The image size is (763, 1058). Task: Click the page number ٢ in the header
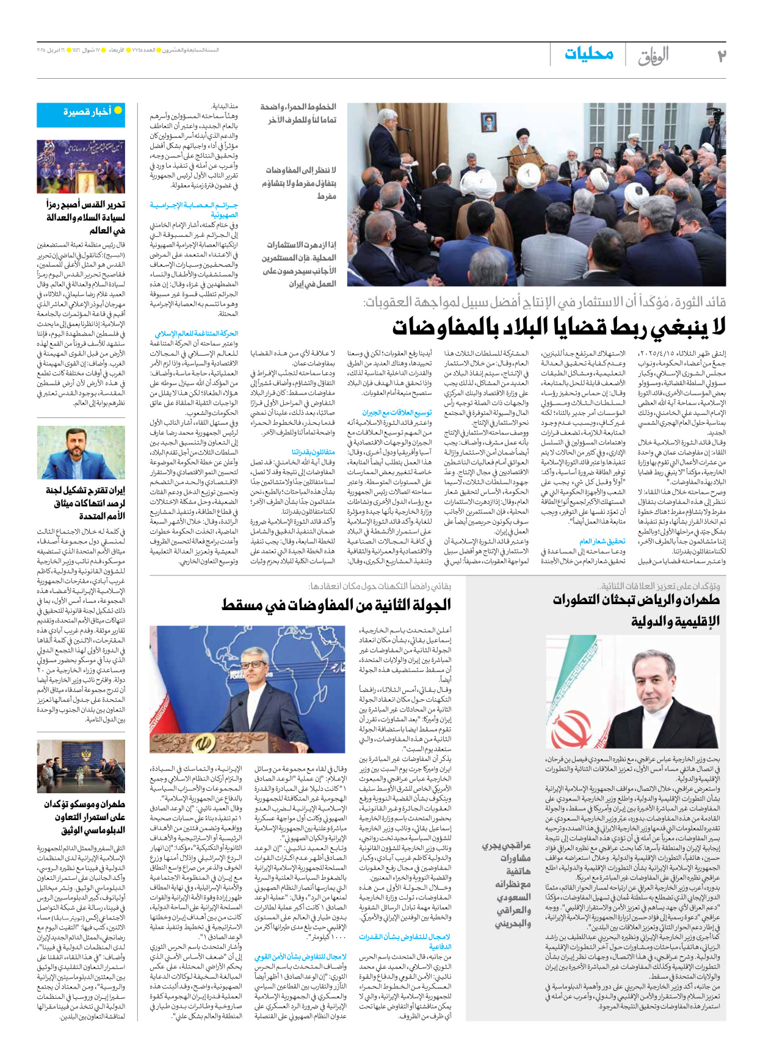(x=721, y=56)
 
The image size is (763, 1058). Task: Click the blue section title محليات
(x=588, y=54)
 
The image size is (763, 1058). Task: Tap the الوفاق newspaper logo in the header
(x=654, y=57)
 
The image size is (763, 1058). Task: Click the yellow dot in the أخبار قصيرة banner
(x=118, y=110)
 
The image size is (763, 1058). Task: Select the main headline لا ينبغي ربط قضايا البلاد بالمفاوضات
(x=559, y=327)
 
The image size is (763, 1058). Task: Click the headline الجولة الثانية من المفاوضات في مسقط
(x=336, y=605)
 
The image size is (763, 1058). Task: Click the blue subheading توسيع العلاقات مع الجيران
(x=397, y=412)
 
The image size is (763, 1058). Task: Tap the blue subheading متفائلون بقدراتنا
(x=314, y=452)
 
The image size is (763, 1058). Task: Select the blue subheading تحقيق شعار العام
(x=602, y=541)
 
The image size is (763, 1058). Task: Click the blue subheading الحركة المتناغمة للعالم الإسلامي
(x=197, y=334)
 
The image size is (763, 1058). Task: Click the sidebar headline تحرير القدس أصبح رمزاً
(x=85, y=217)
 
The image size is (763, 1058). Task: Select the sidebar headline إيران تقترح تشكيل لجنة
(x=85, y=503)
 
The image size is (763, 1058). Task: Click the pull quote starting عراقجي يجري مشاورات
(x=507, y=884)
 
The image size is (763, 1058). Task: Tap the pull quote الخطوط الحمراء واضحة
(x=298, y=113)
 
